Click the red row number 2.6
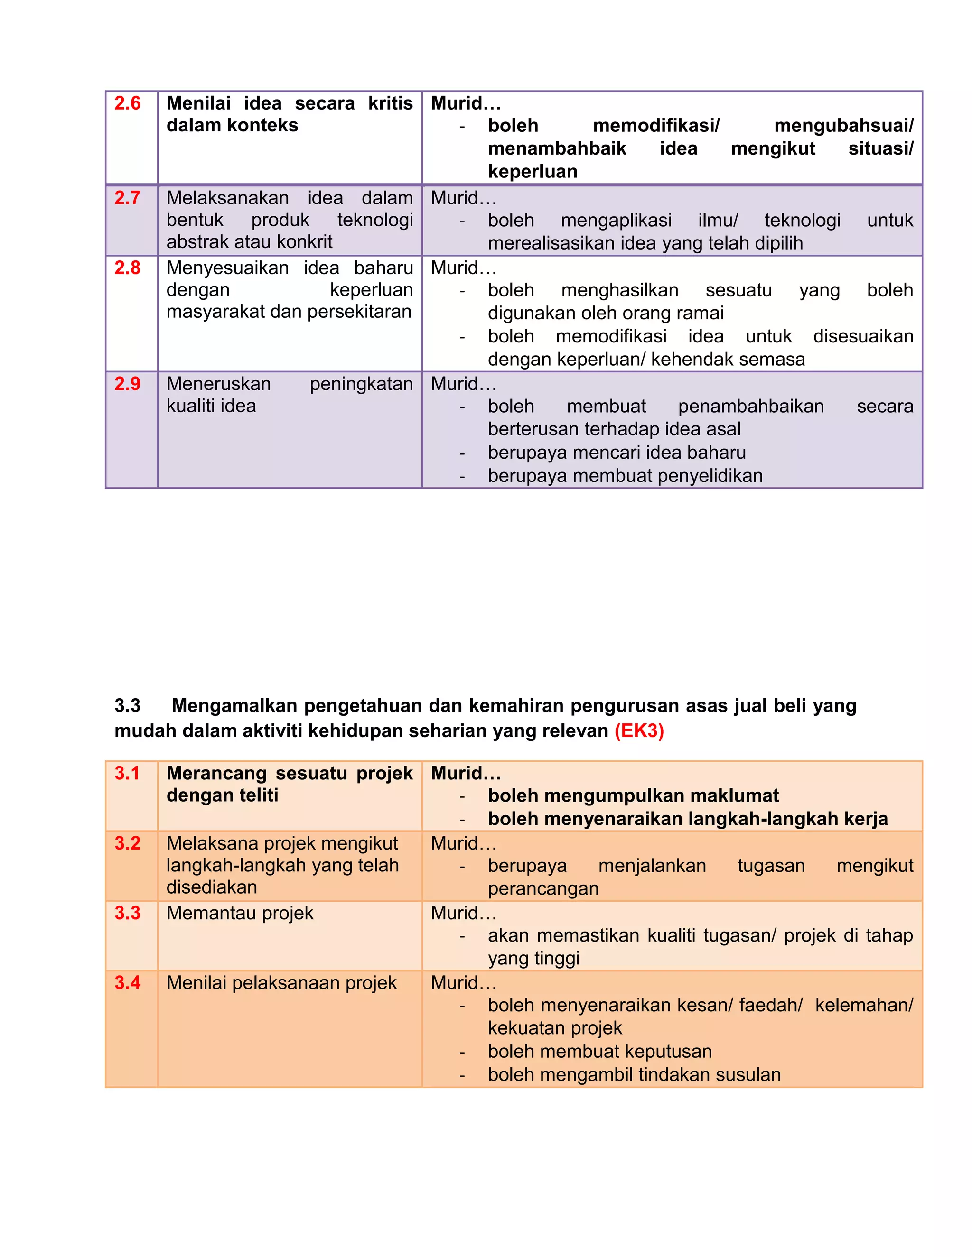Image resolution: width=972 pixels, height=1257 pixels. (127, 103)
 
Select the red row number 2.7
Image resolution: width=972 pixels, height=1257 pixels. (127, 198)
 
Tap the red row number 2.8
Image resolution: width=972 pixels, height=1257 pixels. (127, 268)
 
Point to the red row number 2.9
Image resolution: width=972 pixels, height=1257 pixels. (127, 384)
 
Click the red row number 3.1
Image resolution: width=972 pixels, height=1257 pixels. (127, 774)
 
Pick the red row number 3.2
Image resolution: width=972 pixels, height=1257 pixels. (127, 844)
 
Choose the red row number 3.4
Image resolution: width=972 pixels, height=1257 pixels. (127, 983)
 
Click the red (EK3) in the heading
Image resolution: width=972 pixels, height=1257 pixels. (639, 731)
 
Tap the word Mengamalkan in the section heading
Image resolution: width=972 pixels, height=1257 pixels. (235, 706)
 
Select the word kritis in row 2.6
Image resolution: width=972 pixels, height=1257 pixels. (391, 103)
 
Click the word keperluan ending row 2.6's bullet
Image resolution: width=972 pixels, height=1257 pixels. (533, 172)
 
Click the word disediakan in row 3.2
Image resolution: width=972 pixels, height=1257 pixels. (211, 887)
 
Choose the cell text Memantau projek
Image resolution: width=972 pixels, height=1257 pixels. (240, 914)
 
